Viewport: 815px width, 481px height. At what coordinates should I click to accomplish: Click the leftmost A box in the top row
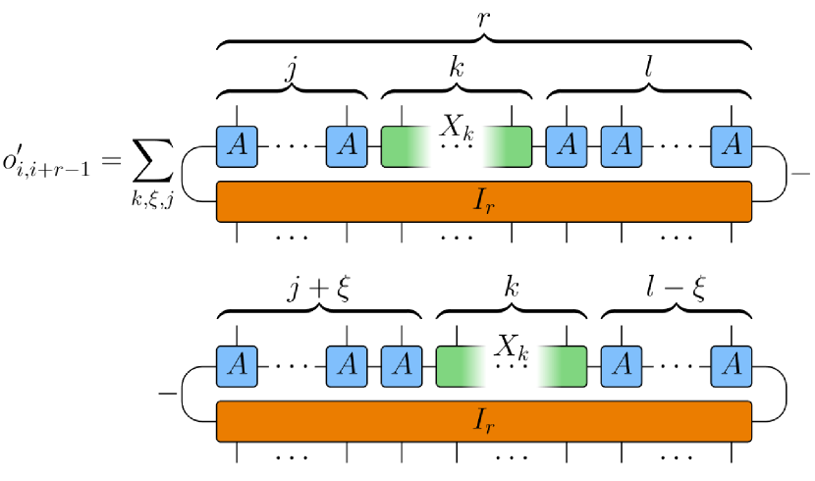pos(237,146)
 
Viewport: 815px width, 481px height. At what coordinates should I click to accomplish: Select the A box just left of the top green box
pos(347,146)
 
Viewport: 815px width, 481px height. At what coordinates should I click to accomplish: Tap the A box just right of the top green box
pos(567,146)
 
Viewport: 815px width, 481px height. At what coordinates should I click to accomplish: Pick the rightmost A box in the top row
pos(732,146)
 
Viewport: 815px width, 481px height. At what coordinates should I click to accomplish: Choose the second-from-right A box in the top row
pos(622,146)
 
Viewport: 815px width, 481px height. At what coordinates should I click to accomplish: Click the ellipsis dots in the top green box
pos(457,147)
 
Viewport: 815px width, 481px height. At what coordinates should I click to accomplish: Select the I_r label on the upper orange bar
pos(484,201)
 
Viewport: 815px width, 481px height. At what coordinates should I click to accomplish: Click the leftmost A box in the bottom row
pos(237,366)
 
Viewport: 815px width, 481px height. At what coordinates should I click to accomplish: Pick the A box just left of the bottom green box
pos(402,366)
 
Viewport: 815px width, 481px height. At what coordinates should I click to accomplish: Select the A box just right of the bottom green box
pos(622,366)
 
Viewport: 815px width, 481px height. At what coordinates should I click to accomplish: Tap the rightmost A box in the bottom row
pos(732,366)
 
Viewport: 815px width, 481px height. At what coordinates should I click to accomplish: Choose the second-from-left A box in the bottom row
pos(347,366)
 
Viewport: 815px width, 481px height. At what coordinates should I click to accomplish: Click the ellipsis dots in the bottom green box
pos(512,367)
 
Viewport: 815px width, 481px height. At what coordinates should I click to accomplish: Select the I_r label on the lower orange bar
pos(484,421)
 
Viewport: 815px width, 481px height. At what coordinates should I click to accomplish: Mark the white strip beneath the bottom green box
pos(512,392)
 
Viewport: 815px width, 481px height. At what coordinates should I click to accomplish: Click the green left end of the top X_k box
pos(394,146)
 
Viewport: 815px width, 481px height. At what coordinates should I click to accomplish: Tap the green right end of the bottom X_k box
pos(573,366)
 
